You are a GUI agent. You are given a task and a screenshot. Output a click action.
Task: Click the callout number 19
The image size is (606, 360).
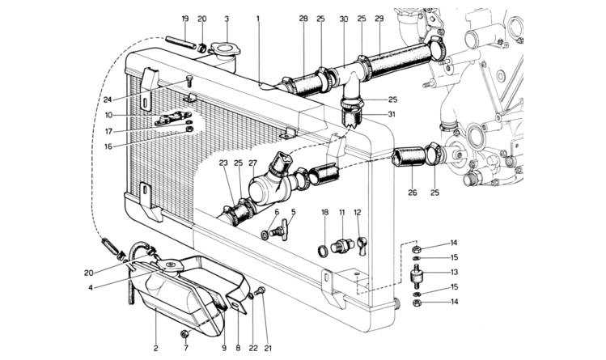[184, 19]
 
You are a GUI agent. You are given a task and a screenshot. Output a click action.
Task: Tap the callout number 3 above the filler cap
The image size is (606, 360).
[227, 19]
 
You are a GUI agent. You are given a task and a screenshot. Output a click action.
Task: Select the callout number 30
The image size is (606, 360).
[344, 19]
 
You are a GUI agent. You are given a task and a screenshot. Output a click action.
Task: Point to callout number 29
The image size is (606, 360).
[379, 19]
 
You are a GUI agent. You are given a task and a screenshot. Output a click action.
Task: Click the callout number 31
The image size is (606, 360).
[392, 114]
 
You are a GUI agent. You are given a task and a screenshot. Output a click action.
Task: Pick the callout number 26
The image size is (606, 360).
[413, 193]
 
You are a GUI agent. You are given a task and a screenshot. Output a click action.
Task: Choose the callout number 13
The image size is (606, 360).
[454, 272]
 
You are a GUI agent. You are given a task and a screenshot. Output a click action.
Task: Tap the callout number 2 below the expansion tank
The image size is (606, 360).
[156, 349]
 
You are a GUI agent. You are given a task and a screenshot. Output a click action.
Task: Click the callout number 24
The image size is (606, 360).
[108, 100]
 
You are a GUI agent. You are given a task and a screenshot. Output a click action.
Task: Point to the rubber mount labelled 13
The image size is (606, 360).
[416, 276]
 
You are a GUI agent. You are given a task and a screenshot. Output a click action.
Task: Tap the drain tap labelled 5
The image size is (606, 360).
[281, 231]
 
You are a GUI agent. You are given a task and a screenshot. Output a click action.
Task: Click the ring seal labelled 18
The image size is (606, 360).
[323, 250]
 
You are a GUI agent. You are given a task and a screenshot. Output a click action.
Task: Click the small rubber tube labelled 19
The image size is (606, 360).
[180, 43]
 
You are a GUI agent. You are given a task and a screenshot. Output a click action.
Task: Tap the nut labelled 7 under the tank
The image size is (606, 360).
[184, 334]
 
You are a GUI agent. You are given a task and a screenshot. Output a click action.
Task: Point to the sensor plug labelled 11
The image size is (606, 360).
[342, 245]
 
